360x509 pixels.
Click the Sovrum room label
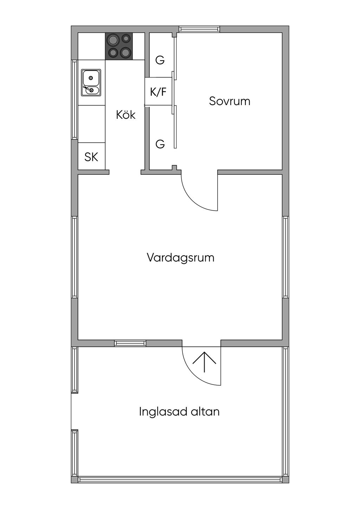[x=230, y=101]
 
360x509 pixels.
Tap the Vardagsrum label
[x=181, y=258]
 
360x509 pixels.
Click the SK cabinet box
[x=91, y=156]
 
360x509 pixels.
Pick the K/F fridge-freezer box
[x=159, y=91]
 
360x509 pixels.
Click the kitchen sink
[x=91, y=83]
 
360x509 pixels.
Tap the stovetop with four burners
[x=118, y=46]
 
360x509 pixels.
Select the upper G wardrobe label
[x=160, y=60]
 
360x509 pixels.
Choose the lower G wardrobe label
[x=160, y=144]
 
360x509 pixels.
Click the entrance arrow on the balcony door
[x=204, y=361]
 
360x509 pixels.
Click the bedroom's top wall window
[x=199, y=29]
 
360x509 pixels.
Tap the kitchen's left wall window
[x=75, y=99]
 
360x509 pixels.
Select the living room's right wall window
[x=285, y=257]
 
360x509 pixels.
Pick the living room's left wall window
[x=75, y=257]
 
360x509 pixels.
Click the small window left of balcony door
[x=130, y=343]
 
